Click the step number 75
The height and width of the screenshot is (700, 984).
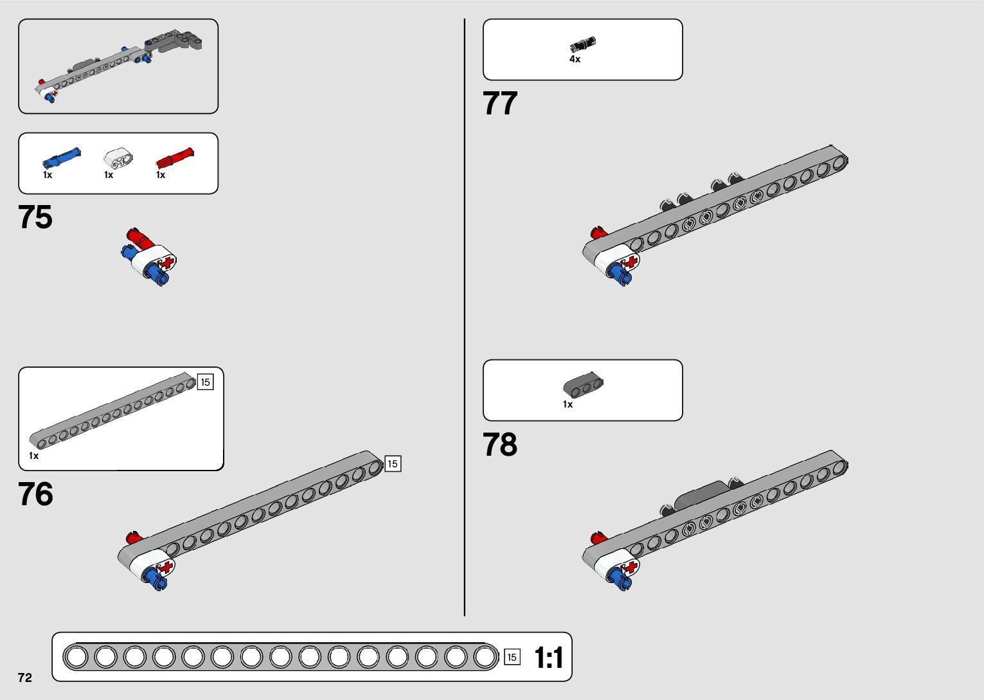[x=35, y=217]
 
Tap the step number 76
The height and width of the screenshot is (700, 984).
[x=35, y=494]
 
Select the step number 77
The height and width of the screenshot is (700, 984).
[x=500, y=103]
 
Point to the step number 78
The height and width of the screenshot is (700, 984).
[x=500, y=445]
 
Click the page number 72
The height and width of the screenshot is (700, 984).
[x=25, y=678]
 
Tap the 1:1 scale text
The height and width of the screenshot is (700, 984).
[x=549, y=658]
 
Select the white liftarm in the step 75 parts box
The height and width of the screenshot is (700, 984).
[x=117, y=157]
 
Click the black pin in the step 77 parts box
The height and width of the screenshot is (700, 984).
[x=583, y=45]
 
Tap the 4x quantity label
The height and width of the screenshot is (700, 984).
[x=575, y=59]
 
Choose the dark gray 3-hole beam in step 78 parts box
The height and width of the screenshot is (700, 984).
[x=583, y=384]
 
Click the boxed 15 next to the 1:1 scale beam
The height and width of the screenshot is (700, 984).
[x=512, y=657]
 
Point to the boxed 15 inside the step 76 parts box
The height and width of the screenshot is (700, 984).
[x=205, y=382]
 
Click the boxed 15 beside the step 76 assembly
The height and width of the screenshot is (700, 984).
[x=393, y=463]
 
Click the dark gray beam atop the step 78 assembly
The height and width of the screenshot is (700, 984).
[x=701, y=494]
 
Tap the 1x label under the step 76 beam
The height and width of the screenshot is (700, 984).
[x=33, y=456]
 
